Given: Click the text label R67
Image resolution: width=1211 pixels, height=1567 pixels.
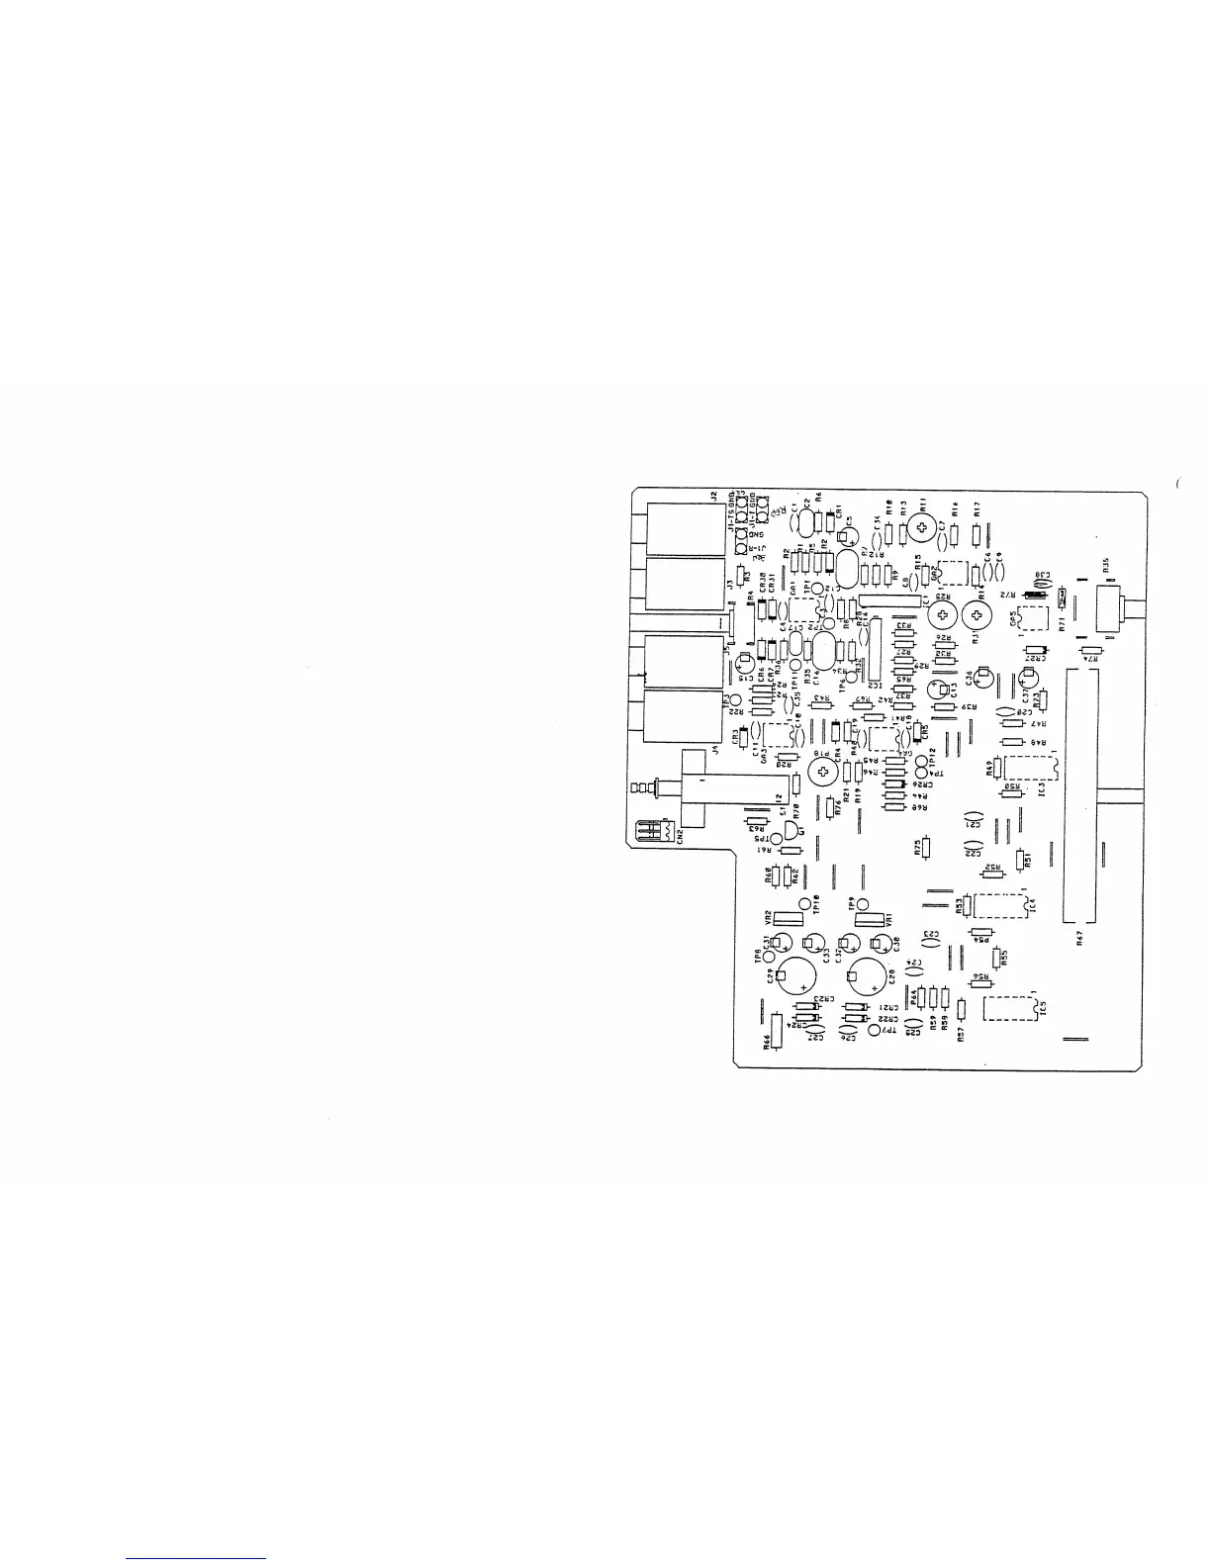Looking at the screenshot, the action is pyautogui.click(x=1081, y=939).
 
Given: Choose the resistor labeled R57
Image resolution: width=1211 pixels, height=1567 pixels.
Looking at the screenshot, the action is pyautogui.click(x=959, y=1009).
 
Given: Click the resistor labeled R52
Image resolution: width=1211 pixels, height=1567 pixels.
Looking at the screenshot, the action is pyautogui.click(x=992, y=866).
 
